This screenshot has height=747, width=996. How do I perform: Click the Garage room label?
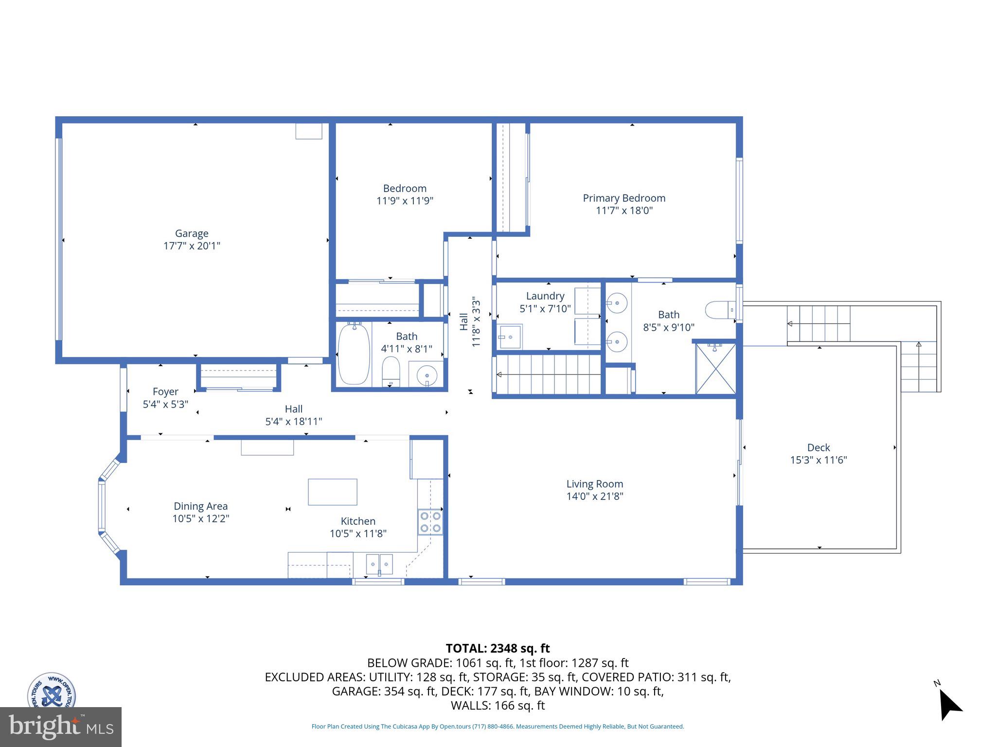point(192,233)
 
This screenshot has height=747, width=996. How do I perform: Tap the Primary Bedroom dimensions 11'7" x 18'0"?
point(624,211)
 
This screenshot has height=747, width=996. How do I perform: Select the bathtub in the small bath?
point(354,354)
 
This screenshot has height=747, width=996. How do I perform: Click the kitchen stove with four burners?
point(430,522)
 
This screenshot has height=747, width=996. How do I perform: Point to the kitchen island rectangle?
point(332,492)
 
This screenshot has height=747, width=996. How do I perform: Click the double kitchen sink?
point(379,564)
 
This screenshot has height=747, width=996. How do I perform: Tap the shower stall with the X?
point(715,369)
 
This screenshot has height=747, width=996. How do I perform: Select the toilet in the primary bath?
point(720,310)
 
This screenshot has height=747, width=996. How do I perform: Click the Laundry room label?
point(545,296)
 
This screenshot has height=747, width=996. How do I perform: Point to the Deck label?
point(818,447)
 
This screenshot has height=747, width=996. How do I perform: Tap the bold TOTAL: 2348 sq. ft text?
point(498,648)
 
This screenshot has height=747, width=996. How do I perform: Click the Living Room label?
point(594,484)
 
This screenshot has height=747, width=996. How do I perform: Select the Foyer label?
point(165,391)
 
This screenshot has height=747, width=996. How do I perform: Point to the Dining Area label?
point(200,506)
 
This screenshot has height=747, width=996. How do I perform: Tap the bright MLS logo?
point(61,727)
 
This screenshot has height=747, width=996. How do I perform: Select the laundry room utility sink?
point(510,337)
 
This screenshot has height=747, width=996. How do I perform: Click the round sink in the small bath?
point(427,375)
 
